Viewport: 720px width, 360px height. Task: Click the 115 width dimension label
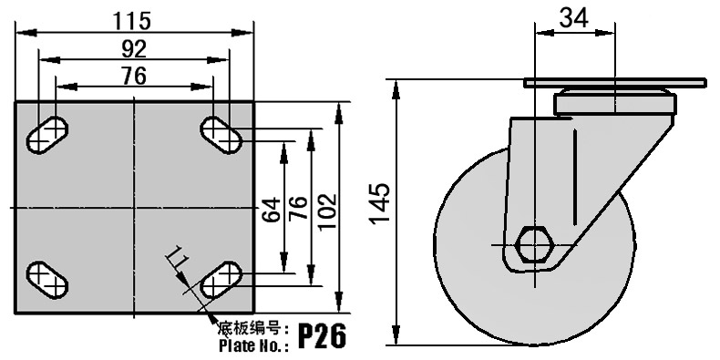click(132, 21)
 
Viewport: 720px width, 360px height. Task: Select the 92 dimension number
click(134, 49)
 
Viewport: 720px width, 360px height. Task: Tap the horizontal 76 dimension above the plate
click(134, 76)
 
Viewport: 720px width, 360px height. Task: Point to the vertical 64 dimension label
click(272, 210)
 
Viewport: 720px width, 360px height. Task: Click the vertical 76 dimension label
click(299, 208)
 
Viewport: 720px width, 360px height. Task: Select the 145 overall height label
click(380, 204)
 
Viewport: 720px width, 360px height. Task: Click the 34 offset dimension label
click(574, 19)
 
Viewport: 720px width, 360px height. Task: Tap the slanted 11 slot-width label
click(177, 259)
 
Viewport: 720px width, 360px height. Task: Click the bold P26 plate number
click(323, 336)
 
